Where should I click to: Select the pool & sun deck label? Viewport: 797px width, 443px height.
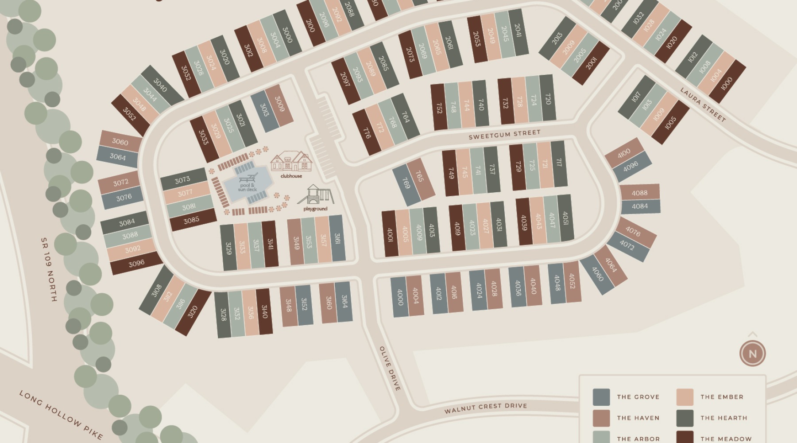247,187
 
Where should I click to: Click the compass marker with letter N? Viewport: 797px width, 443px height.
752,354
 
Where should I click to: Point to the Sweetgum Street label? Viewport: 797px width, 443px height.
504,134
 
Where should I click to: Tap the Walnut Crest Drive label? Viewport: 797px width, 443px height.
486,408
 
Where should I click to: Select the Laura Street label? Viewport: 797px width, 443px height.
703,105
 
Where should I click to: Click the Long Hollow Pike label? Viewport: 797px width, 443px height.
61,415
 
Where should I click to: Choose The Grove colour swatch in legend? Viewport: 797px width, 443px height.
601,397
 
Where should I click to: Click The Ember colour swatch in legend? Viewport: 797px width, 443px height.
685,397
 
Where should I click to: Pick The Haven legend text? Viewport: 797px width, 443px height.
638,418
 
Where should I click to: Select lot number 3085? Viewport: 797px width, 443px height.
192,220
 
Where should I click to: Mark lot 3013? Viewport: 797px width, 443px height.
264,110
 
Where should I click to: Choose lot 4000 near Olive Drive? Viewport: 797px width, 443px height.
399,297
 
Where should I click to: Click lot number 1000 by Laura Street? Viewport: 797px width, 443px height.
727,84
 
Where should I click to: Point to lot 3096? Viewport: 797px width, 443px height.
136,264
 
